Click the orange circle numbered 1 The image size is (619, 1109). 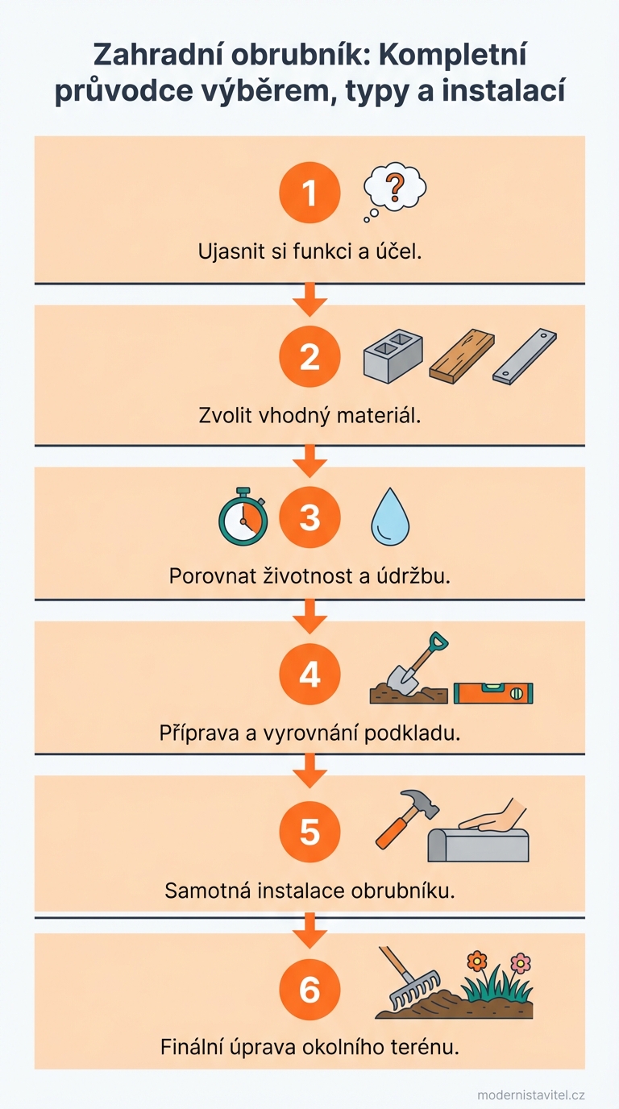[309, 193]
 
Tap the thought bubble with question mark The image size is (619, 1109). [394, 191]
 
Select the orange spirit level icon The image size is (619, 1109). [493, 692]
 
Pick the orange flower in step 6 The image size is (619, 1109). [478, 961]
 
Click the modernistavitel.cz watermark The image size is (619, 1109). [530, 1094]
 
